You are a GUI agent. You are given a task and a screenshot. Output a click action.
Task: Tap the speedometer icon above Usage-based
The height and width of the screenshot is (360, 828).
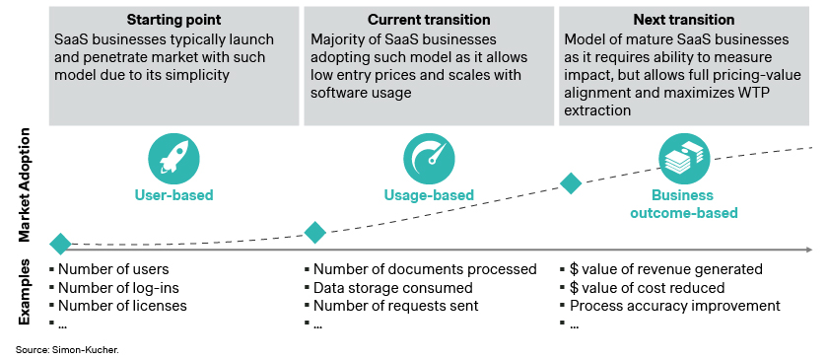point(429,159)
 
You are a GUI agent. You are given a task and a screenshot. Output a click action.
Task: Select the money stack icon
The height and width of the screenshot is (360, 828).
point(683,159)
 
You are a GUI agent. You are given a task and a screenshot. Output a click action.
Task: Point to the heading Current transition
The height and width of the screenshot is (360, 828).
point(429,20)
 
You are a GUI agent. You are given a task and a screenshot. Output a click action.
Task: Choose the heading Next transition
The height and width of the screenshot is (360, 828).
point(683,20)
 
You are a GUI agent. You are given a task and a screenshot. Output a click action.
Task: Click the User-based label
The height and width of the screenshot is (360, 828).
point(173,194)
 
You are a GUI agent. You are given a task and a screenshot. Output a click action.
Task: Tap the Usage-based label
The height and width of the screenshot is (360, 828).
point(429,194)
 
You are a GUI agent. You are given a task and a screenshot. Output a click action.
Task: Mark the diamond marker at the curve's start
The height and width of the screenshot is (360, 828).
point(60,244)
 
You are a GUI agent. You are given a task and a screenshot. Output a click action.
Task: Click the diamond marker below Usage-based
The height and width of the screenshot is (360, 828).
point(315,232)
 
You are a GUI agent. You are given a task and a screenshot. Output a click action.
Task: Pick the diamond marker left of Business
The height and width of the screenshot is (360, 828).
point(571,182)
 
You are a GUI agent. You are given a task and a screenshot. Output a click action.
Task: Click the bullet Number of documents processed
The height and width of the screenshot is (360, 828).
point(424,269)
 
